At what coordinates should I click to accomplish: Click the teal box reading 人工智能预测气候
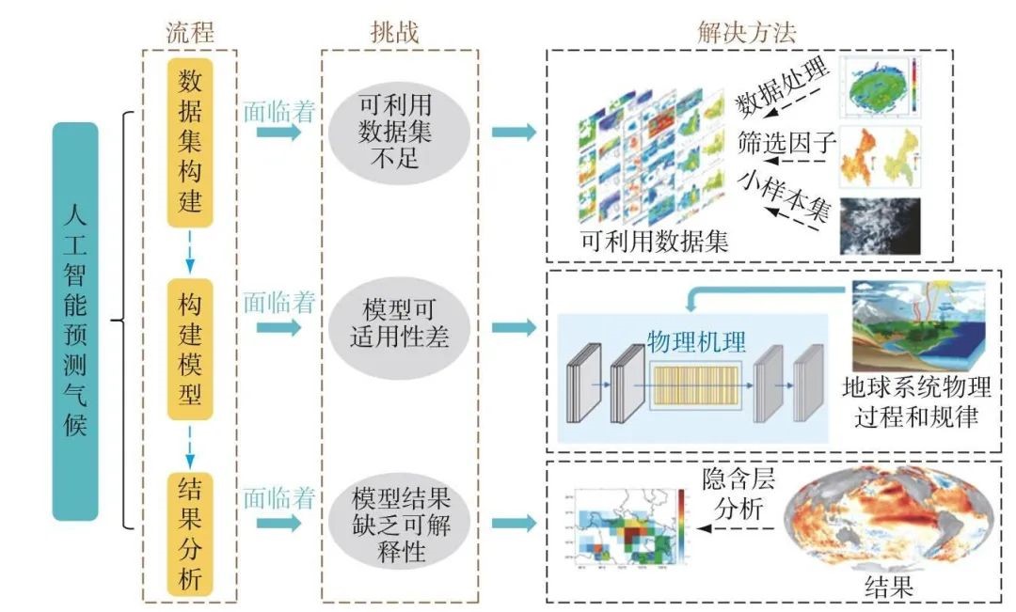[x=75, y=322]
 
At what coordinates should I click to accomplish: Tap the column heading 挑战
[x=394, y=31]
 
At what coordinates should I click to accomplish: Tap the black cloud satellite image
[x=880, y=225]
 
